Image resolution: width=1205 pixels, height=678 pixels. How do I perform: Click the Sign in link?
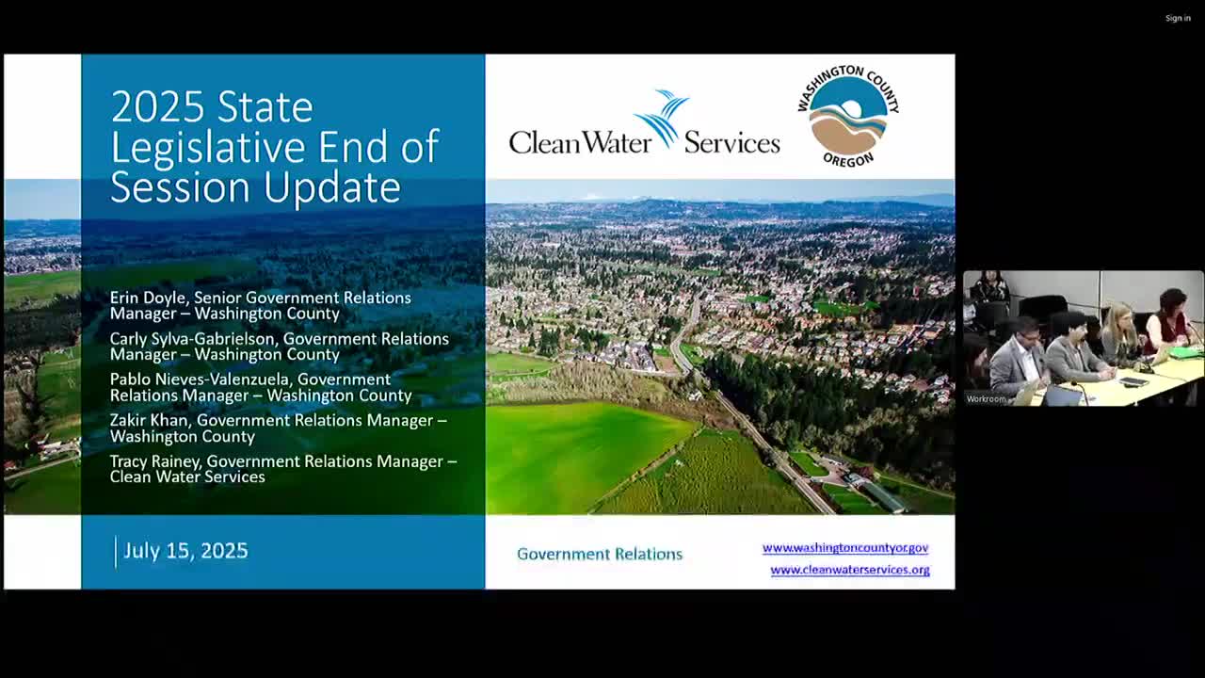pos(1178,18)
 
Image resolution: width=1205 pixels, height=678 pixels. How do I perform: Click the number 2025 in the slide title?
pos(157,107)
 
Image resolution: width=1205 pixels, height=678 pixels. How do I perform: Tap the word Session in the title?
pos(180,186)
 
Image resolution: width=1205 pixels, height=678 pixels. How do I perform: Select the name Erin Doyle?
pos(148,298)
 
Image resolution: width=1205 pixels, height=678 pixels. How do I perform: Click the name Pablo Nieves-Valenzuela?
pos(199,379)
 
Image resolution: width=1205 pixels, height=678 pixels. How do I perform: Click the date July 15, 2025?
pos(185,551)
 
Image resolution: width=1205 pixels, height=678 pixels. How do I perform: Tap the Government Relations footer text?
pos(600,555)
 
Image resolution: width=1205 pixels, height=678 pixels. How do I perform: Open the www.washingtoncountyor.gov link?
pos(845,548)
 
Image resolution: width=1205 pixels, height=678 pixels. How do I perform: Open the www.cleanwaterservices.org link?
pos(850,570)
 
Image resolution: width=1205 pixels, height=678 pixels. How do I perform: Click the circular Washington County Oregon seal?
pos(848,116)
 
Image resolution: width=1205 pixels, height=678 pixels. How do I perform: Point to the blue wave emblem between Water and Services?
pos(661,119)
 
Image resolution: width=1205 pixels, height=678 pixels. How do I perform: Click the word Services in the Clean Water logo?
pos(731,143)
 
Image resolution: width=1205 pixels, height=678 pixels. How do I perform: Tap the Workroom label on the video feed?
pos(986,399)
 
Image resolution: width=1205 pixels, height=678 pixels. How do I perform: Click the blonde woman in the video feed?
pos(1121,333)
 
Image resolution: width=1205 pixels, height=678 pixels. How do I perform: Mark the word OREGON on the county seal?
pos(848,160)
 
